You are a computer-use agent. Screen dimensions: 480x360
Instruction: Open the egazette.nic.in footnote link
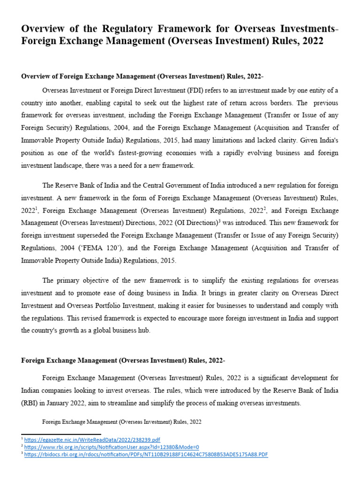click(x=92, y=440)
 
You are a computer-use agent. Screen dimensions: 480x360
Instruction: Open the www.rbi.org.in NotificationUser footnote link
click(x=112, y=447)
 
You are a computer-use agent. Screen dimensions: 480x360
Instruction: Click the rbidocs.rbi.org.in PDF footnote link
click(x=146, y=455)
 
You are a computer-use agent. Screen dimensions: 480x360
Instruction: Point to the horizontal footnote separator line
click(x=61, y=434)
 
